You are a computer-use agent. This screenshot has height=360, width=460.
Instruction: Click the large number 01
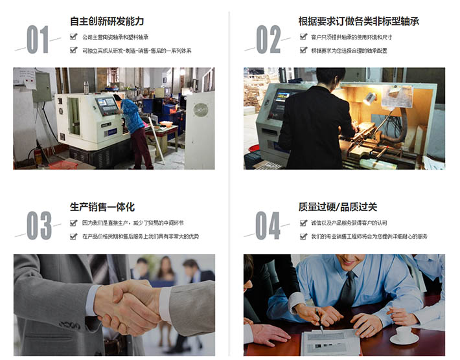(x=38, y=39)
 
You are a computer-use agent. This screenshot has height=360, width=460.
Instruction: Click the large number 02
(x=268, y=39)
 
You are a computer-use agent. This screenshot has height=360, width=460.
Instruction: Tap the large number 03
(x=39, y=225)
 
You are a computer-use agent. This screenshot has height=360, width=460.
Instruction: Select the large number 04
(x=268, y=225)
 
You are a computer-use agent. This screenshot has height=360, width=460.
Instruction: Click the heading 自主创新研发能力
(x=107, y=21)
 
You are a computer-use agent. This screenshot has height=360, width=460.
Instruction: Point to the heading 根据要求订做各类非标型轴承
(x=359, y=21)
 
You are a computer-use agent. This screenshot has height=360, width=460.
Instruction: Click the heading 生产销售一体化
(x=102, y=207)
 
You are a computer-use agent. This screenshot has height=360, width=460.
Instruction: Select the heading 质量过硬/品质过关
(x=338, y=207)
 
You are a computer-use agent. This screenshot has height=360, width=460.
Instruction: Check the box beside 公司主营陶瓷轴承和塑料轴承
(x=73, y=37)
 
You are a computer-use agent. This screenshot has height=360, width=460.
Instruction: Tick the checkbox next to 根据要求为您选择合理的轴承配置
(x=303, y=50)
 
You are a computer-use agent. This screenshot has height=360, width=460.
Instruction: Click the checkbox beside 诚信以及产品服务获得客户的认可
(x=303, y=223)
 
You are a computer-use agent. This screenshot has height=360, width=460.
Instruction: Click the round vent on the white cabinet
(x=201, y=110)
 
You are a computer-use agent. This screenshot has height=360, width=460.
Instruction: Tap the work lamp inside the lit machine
(x=369, y=98)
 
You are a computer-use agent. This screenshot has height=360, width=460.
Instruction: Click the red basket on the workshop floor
(x=63, y=164)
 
